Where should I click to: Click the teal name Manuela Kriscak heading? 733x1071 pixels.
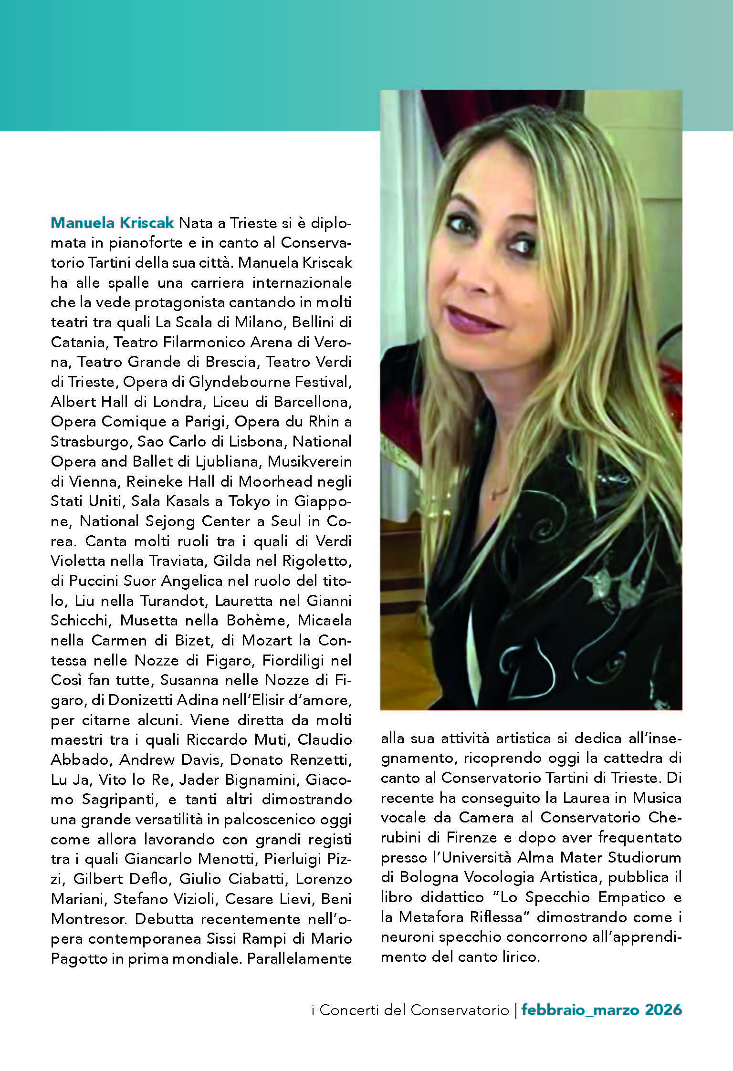pos(113,223)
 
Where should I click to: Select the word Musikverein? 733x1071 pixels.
pos(310,462)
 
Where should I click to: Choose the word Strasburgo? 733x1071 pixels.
pos(90,442)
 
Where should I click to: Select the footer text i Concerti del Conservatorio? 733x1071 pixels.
pos(410,1010)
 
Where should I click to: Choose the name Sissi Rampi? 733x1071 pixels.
pos(246,939)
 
